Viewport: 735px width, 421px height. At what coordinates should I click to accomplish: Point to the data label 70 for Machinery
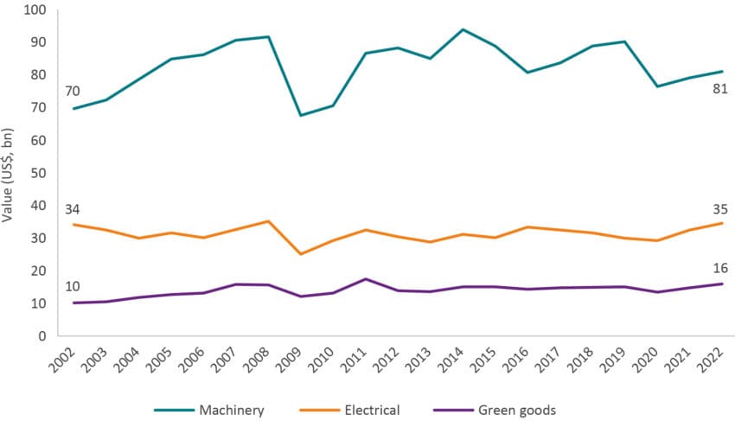tap(73, 90)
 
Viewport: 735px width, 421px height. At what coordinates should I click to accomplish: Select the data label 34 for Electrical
tap(73, 208)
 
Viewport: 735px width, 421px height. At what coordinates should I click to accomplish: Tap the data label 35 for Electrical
tap(720, 208)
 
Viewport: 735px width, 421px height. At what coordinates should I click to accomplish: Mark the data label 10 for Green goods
tap(73, 287)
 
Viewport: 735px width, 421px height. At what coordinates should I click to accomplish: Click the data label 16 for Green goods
tap(720, 267)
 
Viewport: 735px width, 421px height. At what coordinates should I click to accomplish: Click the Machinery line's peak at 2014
tap(463, 29)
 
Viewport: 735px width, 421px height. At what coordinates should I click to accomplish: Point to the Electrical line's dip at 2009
tap(300, 254)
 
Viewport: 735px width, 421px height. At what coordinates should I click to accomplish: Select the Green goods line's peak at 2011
tap(365, 278)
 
